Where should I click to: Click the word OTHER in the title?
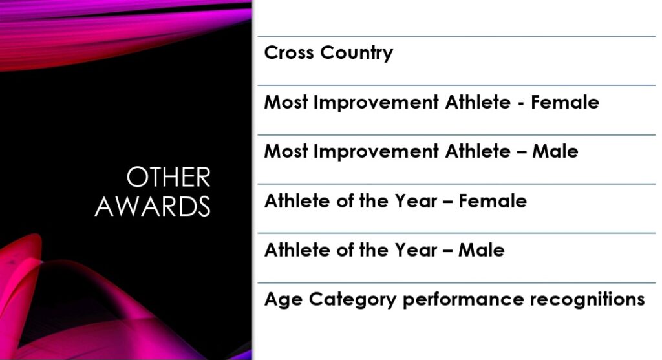click(169, 177)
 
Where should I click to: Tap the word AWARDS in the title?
click(153, 206)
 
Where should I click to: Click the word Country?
click(356, 54)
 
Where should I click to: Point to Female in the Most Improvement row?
click(565, 102)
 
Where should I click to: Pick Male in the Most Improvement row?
click(555, 151)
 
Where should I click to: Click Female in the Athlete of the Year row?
click(493, 201)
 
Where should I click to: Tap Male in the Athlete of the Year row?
click(482, 250)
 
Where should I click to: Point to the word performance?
click(463, 301)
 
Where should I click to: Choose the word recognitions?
click(587, 301)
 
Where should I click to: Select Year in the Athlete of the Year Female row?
click(416, 201)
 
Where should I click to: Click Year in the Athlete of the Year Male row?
click(416, 250)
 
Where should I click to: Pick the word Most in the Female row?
click(286, 102)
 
